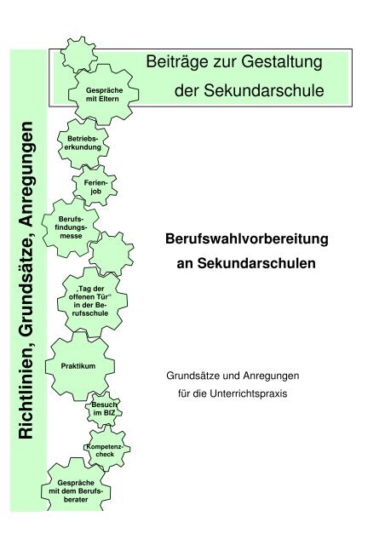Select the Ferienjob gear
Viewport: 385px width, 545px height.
(x=95, y=186)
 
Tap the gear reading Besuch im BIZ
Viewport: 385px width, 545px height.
(x=104, y=409)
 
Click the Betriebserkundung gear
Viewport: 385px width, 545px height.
(x=83, y=143)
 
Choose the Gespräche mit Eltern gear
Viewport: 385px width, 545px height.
(x=103, y=95)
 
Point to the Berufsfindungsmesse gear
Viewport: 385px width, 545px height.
(x=72, y=227)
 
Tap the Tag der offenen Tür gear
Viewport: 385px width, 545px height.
(x=92, y=301)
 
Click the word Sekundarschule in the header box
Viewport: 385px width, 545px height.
(x=264, y=91)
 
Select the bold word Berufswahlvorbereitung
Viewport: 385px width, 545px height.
(x=246, y=239)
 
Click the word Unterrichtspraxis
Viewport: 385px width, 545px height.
(x=249, y=393)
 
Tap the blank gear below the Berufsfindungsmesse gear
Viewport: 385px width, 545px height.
(x=111, y=254)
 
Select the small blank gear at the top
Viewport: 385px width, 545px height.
(x=79, y=54)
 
